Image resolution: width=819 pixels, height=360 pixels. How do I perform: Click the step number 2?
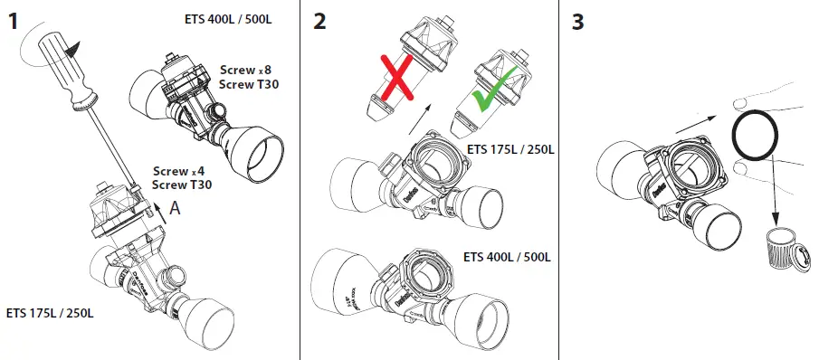[x=319, y=22]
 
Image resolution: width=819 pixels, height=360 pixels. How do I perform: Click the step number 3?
[x=578, y=22]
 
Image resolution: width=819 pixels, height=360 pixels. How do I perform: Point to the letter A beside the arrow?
[x=177, y=207]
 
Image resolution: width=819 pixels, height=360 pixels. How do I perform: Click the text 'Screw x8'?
[x=243, y=70]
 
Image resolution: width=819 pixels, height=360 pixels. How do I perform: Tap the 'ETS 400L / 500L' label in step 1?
[x=225, y=20]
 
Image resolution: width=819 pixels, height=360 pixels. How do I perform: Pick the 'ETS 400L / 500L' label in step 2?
[x=507, y=256]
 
